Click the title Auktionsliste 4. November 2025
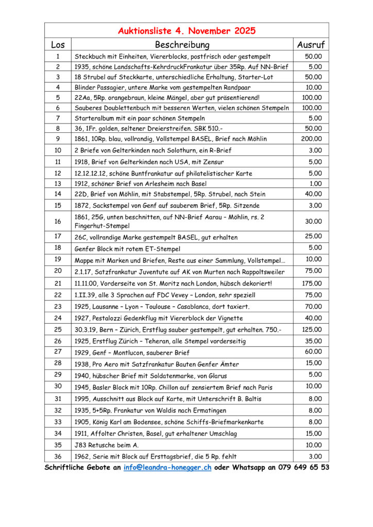click(186, 30)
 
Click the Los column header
click(58, 45)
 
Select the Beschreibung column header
click(182, 45)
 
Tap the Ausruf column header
click(311, 45)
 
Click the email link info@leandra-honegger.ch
click(167, 468)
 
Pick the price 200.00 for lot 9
click(311, 138)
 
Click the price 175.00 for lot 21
click(311, 283)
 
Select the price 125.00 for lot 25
click(311, 329)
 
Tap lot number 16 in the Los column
click(58, 221)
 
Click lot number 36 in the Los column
click(58, 456)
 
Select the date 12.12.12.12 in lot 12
click(91, 173)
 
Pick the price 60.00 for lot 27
click(313, 352)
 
